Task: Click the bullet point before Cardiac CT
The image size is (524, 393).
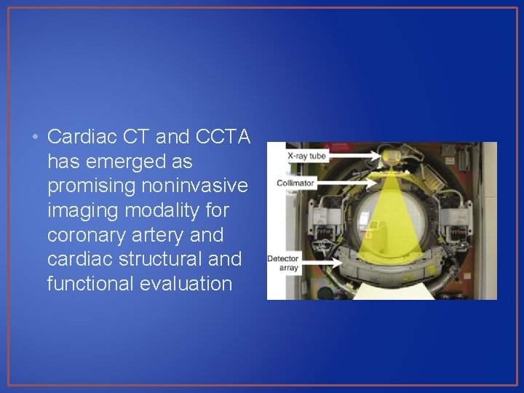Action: click(x=36, y=137)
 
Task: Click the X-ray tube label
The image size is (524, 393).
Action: click(x=306, y=156)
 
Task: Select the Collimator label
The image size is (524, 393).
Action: click(x=295, y=183)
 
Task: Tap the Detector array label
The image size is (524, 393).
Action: click(x=283, y=263)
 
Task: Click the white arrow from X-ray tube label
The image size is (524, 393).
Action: click(x=354, y=156)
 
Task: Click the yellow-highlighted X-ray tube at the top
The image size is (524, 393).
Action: click(x=394, y=154)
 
